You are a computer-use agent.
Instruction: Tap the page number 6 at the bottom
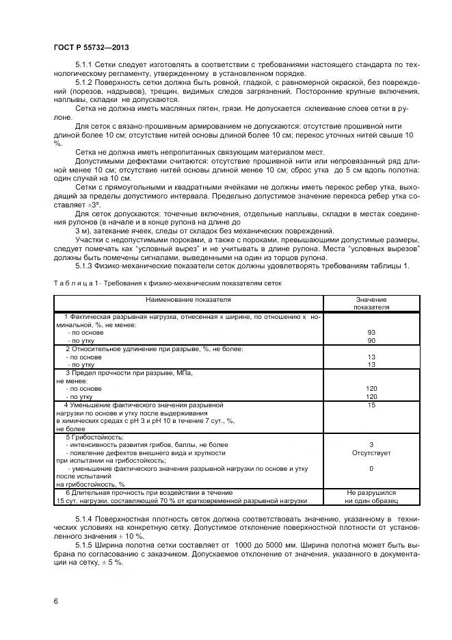tap(56, 600)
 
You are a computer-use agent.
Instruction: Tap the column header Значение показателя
tap(371, 303)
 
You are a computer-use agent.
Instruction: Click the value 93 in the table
tap(371, 333)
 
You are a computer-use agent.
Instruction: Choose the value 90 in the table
tap(371, 340)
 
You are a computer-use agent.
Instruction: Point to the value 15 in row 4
tap(371, 405)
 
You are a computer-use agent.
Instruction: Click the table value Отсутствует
tap(371, 452)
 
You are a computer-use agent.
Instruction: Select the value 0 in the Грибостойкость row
tap(371, 469)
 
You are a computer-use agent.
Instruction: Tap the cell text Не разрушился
tap(371, 492)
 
